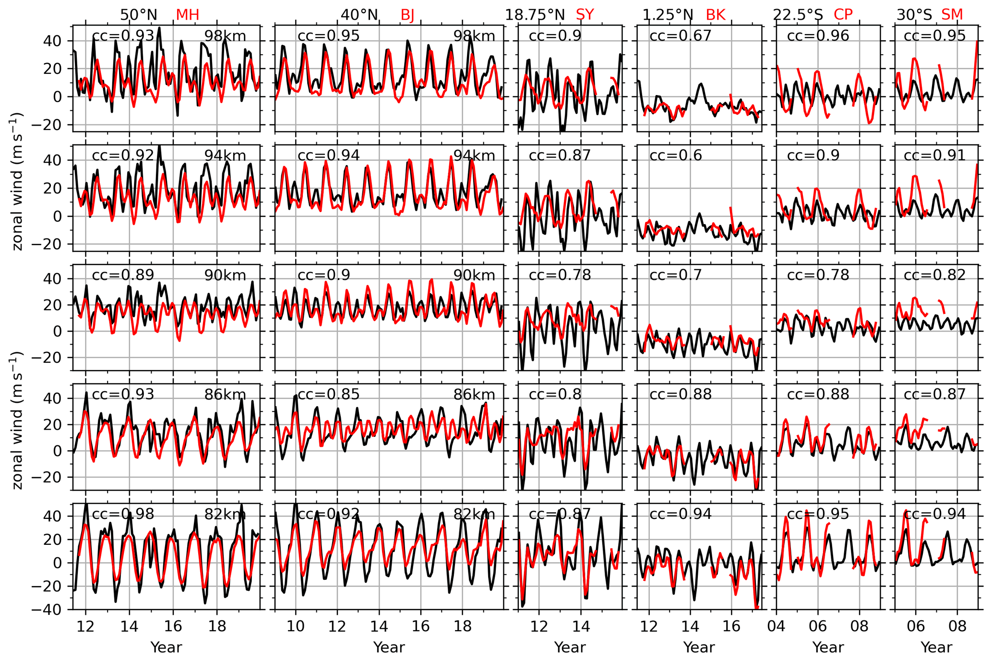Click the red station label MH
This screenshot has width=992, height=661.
187,15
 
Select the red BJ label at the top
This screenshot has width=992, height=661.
407,15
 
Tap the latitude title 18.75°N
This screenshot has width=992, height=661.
535,15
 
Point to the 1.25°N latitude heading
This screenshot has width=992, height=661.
668,15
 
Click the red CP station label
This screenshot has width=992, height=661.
843,15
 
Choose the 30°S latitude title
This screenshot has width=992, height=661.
914,15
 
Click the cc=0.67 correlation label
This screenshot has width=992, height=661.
680,36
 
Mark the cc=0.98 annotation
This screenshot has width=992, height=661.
123,514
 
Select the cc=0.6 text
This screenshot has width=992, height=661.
675,156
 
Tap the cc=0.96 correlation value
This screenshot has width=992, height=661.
818,36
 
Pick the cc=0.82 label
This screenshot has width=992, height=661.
934,275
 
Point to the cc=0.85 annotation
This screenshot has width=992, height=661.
328,395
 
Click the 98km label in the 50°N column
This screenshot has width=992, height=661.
225,36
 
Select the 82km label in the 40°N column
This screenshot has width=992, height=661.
474,514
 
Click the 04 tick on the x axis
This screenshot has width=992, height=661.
776,627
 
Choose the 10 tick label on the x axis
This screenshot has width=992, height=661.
296,627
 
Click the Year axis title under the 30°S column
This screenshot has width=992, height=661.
936,648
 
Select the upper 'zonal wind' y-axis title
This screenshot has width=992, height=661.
17,181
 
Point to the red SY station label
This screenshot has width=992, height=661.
585,15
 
